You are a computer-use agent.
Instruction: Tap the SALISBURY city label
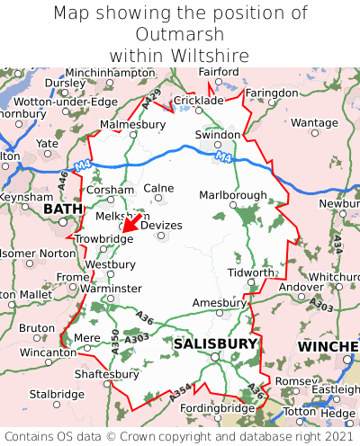[215, 343]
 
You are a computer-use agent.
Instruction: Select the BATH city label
[62, 210]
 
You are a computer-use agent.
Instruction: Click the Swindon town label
[219, 134]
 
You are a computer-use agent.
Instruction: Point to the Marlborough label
[232, 195]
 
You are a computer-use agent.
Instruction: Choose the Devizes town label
[161, 225]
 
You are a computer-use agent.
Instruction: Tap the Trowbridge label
[103, 239]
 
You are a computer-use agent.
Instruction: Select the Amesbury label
[219, 303]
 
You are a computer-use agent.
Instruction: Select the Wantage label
[313, 122]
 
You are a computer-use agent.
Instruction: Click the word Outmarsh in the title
[180, 34]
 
